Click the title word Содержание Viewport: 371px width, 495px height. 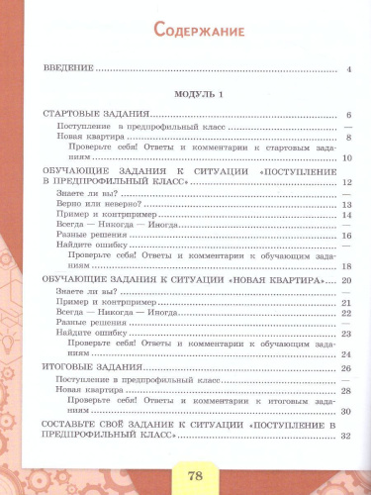(199, 32)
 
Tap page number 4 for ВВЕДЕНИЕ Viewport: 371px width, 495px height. (349, 71)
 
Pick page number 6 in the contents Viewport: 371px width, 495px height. (349, 117)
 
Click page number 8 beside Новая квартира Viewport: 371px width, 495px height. (348, 140)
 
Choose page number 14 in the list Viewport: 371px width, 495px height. (346, 215)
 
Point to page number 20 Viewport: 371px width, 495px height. (346, 282)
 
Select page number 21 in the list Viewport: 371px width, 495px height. (346, 302)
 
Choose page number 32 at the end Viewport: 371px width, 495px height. (346, 437)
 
